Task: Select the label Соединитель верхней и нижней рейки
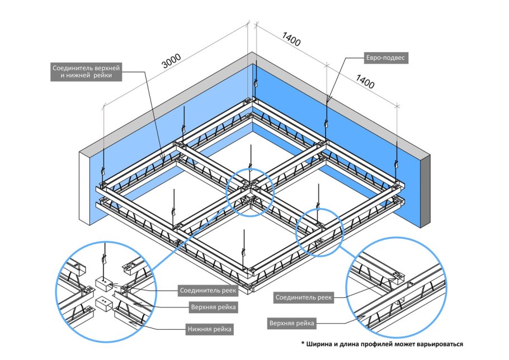(x=86, y=72)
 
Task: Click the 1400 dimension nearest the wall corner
(x=291, y=41)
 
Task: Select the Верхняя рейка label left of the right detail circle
(x=291, y=324)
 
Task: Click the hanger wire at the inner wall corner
(x=255, y=78)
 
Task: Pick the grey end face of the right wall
(x=425, y=190)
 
